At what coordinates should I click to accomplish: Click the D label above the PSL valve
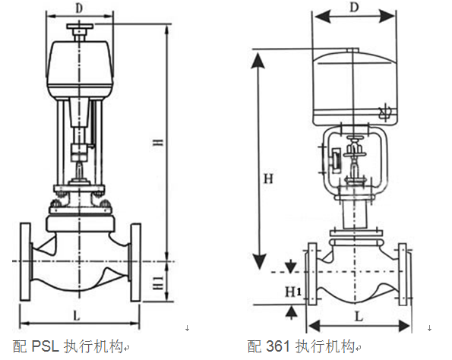coord(79,8)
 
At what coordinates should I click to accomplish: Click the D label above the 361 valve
coord(354,8)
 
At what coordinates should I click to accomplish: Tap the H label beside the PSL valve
coord(158,143)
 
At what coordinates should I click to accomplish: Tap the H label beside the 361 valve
coord(268,179)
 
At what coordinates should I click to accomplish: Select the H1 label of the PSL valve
coord(158,283)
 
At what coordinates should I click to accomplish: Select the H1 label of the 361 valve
coord(293,292)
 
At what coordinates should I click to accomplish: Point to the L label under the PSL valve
coord(76,316)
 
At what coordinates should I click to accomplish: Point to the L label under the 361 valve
coord(359,317)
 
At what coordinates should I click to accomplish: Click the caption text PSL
coord(45,346)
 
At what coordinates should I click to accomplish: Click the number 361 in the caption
coord(277,346)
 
